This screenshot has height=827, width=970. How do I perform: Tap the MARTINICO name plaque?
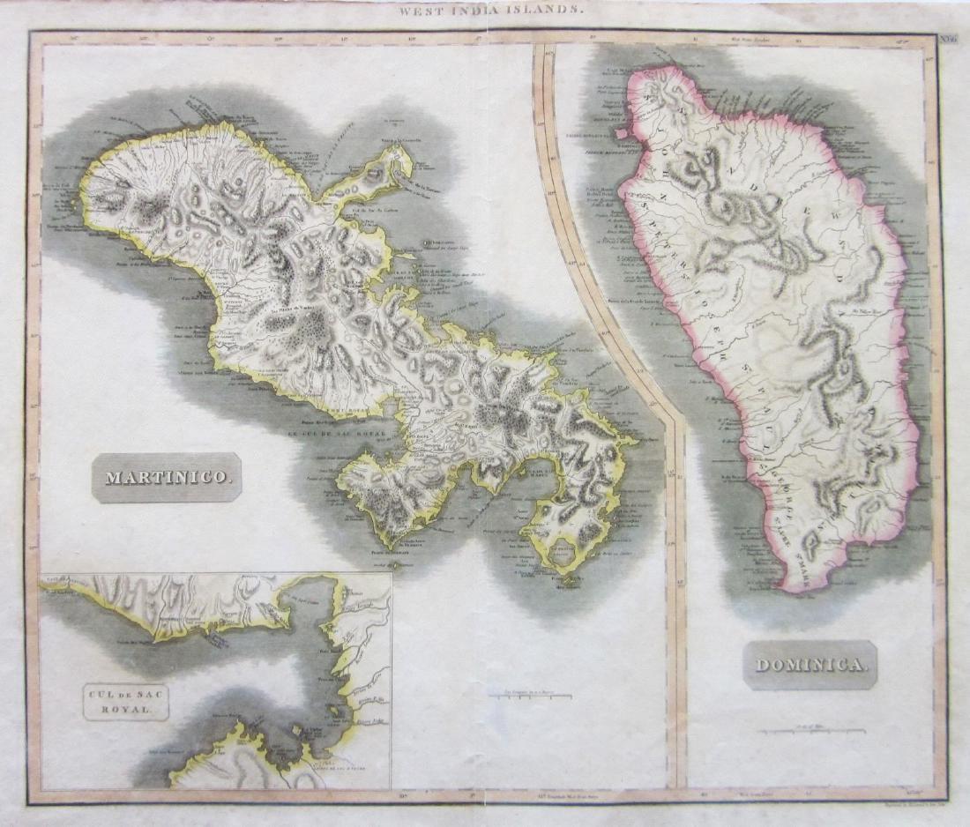point(167,478)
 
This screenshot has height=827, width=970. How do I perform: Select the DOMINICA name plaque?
point(810,665)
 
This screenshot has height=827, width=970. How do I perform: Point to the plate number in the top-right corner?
point(948,39)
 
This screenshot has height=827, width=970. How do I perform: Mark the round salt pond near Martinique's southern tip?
point(563,552)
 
